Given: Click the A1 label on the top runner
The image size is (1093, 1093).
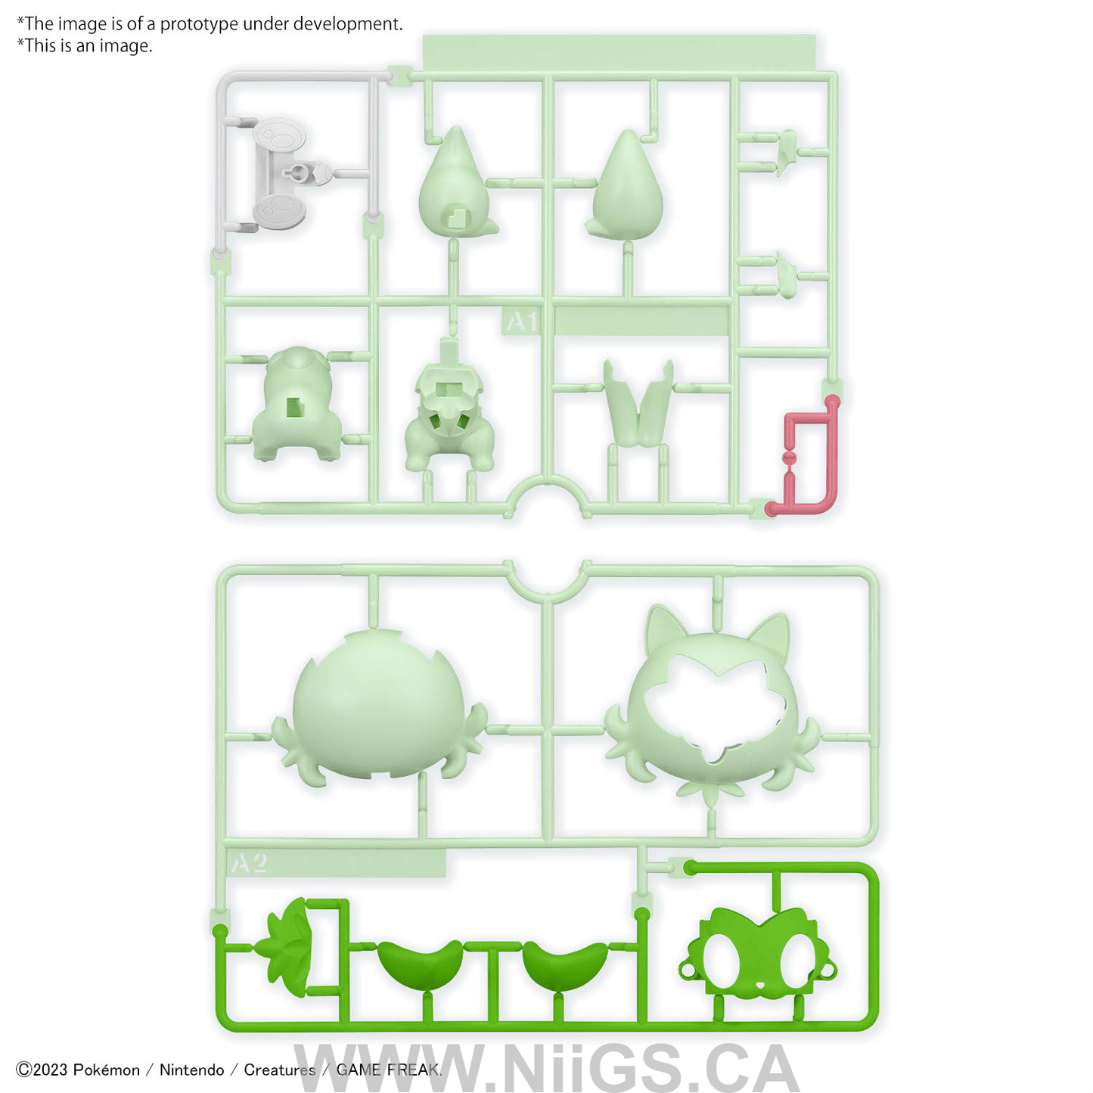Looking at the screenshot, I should coord(520,321).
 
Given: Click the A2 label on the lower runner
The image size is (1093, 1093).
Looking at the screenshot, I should coord(250,863).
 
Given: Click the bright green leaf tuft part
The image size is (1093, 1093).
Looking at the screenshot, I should coord(287,946).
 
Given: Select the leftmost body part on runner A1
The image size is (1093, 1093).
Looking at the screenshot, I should coord(296,405).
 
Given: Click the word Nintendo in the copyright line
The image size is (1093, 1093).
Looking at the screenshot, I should coord(191,1070).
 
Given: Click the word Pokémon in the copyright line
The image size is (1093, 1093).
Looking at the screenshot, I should coord(106,1070).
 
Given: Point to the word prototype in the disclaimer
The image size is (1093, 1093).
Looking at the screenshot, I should coord(199,24).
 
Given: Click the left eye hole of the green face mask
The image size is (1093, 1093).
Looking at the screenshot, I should coord(722,958).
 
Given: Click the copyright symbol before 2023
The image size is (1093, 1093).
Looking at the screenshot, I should coord(23,1070).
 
